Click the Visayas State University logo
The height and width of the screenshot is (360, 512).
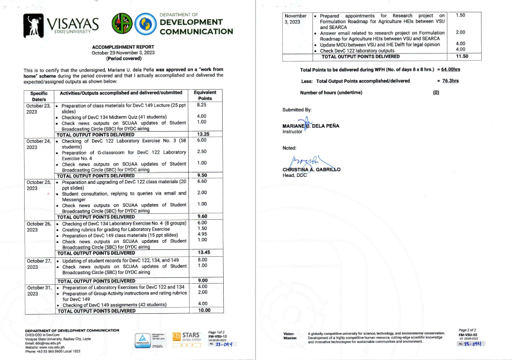click(x=62, y=24)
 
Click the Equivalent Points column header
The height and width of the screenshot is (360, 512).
click(x=205, y=96)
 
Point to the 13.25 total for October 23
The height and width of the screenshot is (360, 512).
click(x=203, y=134)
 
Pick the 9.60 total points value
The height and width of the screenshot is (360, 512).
click(x=203, y=217)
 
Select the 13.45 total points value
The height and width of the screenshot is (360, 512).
click(x=203, y=253)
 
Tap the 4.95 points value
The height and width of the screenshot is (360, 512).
click(x=202, y=234)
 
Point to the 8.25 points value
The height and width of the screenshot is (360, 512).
click(x=202, y=106)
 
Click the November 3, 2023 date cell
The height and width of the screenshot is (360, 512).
click(x=297, y=19)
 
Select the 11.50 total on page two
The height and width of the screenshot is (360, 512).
click(x=462, y=56)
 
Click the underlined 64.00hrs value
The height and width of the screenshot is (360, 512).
click(x=450, y=70)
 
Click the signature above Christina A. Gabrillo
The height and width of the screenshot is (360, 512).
click(x=304, y=161)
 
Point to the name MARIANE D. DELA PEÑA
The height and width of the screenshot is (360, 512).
click(x=311, y=126)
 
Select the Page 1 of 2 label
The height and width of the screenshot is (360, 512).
click(x=217, y=332)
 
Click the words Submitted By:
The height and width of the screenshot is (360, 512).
click(x=297, y=110)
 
